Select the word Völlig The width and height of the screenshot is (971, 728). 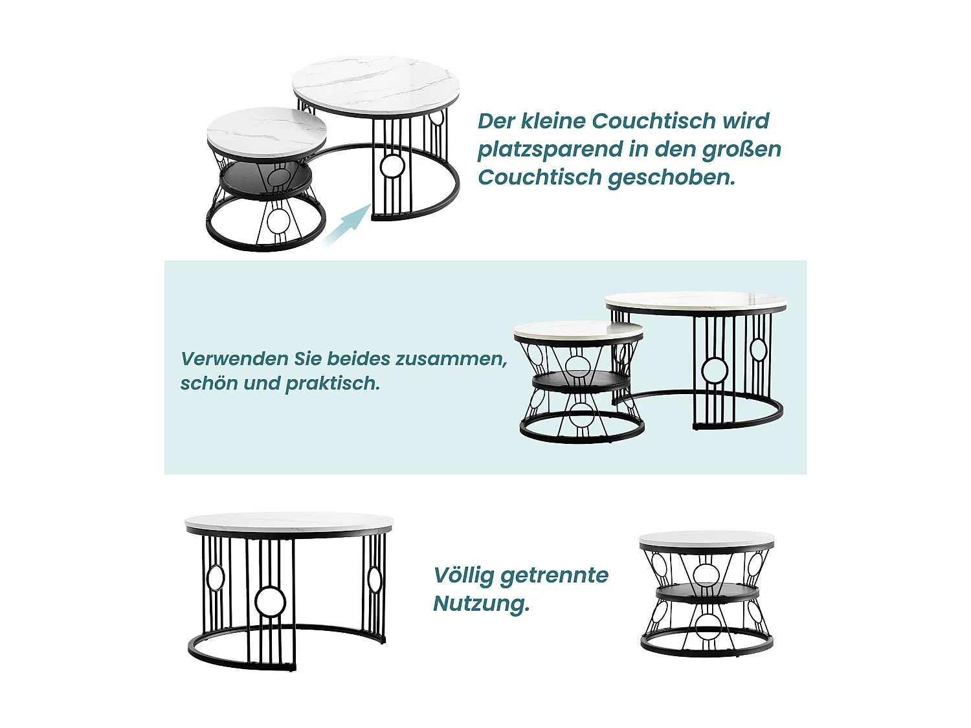pos(463,575)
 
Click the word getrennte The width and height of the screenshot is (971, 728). pos(554,575)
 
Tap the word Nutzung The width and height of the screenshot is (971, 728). pos(481,604)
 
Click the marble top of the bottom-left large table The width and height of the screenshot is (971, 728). pos(289,521)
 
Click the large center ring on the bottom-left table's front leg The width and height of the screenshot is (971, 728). pos(270,602)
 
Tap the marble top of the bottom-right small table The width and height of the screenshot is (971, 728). pos(706,540)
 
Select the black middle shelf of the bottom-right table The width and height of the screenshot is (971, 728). pos(706,593)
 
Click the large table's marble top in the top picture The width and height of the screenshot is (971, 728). pos(375,84)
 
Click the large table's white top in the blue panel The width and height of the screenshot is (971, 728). pos(695,301)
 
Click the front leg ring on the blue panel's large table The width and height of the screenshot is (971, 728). pos(715,371)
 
